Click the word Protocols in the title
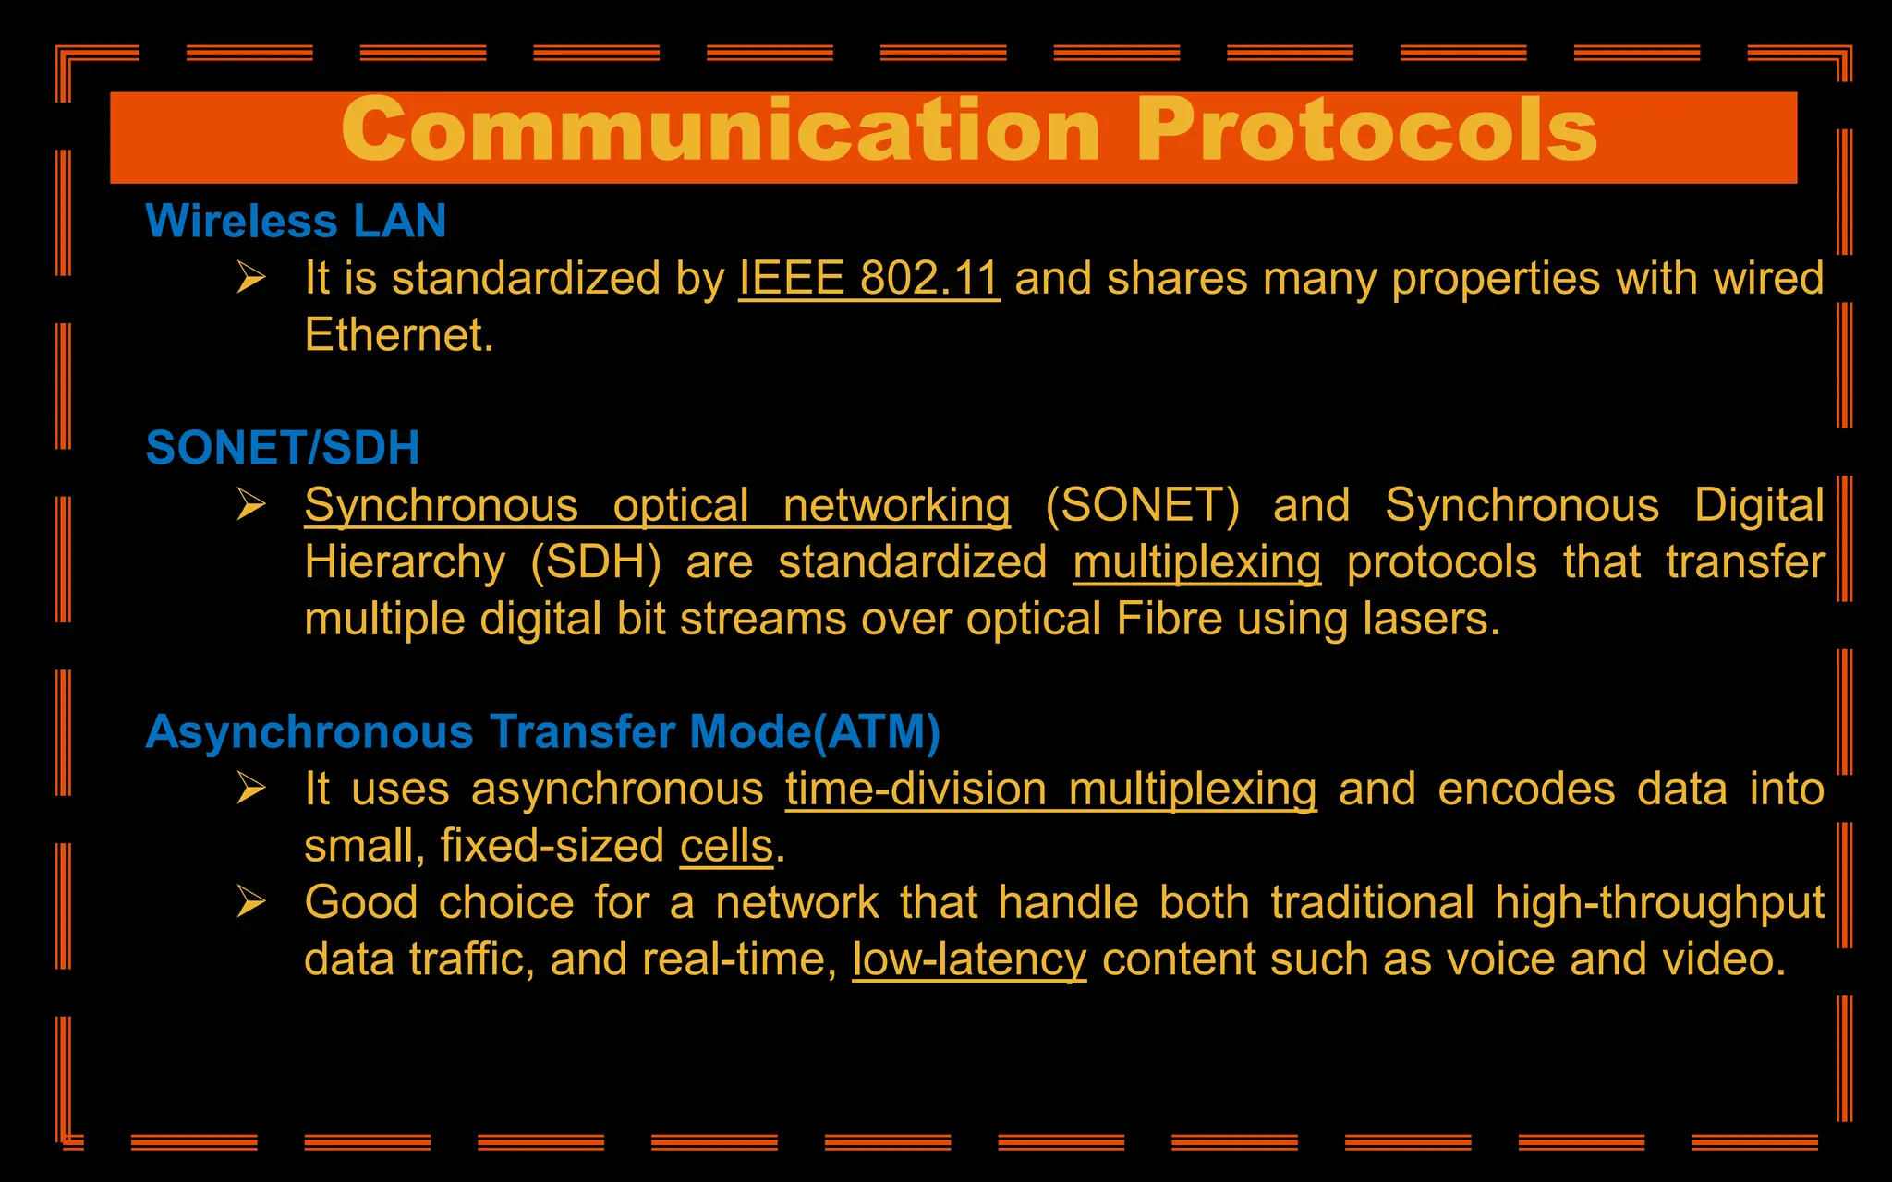pos(1366,131)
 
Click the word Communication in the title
pos(721,131)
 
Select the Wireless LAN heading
pos(296,222)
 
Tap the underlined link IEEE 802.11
pos(868,278)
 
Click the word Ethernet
pos(398,335)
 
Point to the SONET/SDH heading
pos(283,448)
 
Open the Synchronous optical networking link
pos(657,506)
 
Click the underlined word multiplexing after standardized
pos(1196,562)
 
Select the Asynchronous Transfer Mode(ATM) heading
pos(543,732)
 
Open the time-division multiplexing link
pos(1050,790)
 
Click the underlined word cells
pos(726,846)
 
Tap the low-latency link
pos(969,959)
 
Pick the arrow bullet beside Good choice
pos(251,901)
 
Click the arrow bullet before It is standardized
pos(251,277)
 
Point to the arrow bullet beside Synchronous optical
pos(251,504)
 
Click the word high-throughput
pos(1659,903)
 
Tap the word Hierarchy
pos(405,562)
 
